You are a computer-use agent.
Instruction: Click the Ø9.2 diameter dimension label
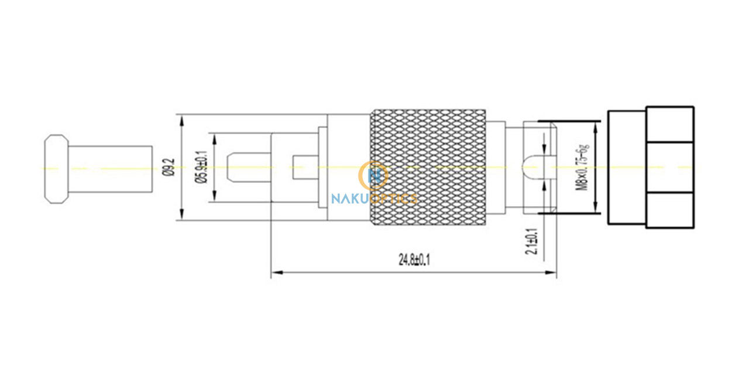pyautogui.click(x=170, y=167)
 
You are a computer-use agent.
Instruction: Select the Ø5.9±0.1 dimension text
pyautogui.click(x=202, y=167)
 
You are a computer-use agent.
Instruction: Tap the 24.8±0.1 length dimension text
pyautogui.click(x=414, y=260)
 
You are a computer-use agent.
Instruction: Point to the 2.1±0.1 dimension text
pyautogui.click(x=531, y=241)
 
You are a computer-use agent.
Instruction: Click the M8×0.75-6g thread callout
pyautogui.click(x=582, y=167)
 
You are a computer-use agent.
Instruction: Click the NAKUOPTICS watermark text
pyautogui.click(x=374, y=199)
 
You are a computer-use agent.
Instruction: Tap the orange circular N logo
pyautogui.click(x=373, y=175)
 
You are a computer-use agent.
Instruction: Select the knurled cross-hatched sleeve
pyautogui.click(x=428, y=167)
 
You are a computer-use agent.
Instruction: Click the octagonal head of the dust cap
pyautogui.click(x=57, y=169)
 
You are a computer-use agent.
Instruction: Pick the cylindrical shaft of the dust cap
pyautogui.click(x=111, y=169)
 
